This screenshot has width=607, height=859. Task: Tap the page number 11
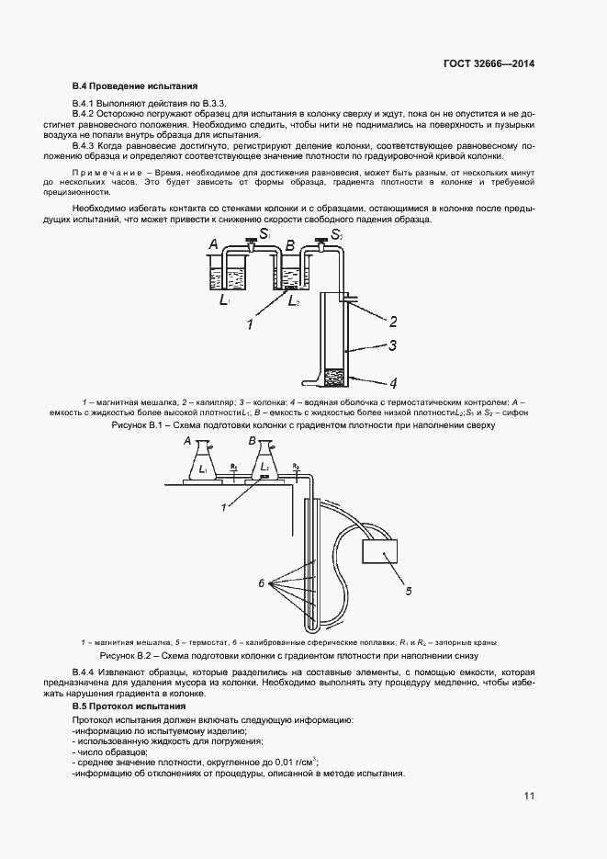[x=528, y=796]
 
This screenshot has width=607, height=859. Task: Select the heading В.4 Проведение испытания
[x=135, y=85]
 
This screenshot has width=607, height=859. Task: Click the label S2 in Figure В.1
[x=337, y=236]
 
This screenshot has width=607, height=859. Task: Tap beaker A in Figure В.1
[x=225, y=274]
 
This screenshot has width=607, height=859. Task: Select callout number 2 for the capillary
[x=392, y=322]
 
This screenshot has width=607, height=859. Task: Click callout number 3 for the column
[x=392, y=345]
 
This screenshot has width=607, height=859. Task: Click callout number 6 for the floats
[x=262, y=582]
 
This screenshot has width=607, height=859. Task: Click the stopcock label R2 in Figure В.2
[x=296, y=468]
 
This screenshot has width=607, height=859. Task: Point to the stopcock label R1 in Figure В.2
[x=234, y=468]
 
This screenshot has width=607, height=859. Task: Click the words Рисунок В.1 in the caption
[x=136, y=426]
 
